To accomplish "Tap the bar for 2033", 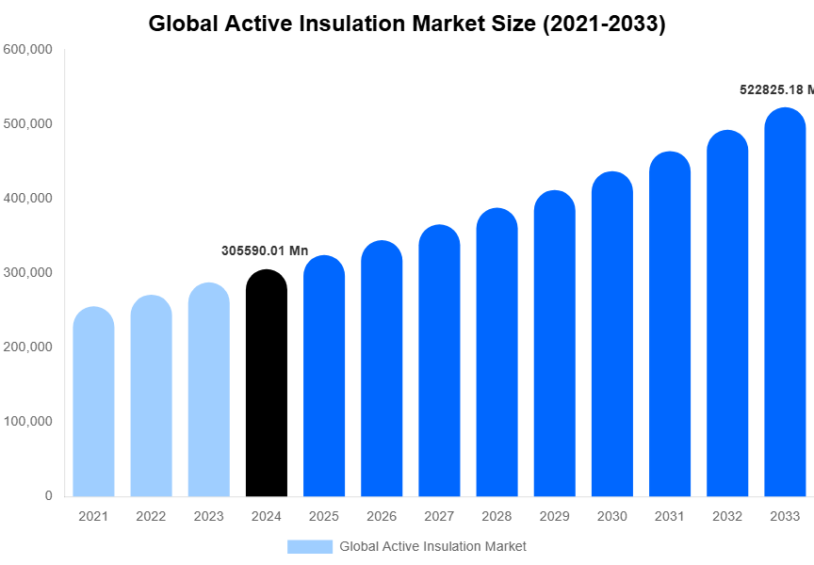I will click(x=785, y=302).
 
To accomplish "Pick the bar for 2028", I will click(x=497, y=352).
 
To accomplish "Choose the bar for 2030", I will click(x=612, y=334).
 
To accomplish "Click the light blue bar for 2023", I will click(x=209, y=390).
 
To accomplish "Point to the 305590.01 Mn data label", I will click(x=265, y=250).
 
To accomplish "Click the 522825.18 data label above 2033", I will click(x=775, y=89).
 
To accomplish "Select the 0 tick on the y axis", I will click(x=48, y=496).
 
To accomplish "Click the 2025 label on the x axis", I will click(x=324, y=517).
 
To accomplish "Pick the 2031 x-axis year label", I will click(x=670, y=517).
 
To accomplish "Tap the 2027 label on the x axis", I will click(x=439, y=517).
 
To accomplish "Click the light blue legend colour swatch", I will click(x=310, y=546).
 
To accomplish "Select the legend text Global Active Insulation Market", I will click(x=432, y=546).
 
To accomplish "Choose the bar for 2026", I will click(x=382, y=368).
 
